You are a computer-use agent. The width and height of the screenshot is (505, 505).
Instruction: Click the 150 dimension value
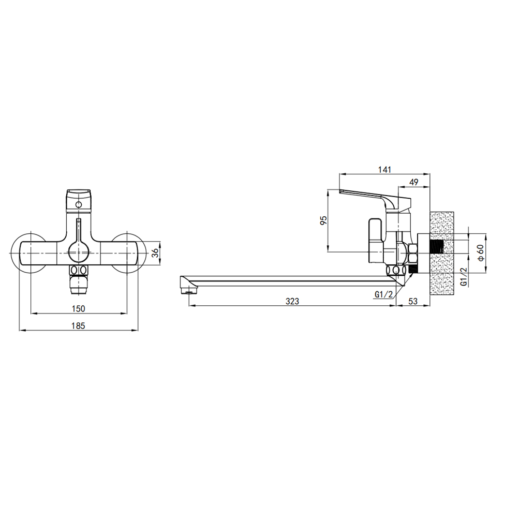(78, 308)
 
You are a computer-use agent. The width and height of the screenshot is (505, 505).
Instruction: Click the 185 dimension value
(78, 326)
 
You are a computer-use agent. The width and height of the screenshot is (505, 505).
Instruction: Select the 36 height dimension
(155, 253)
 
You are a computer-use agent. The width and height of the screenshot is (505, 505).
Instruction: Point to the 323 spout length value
(292, 301)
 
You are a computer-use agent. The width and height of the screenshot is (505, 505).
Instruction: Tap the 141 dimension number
(384, 169)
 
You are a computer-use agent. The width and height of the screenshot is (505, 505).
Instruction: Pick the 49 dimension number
(413, 182)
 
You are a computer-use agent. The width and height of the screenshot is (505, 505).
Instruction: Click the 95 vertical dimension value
(323, 220)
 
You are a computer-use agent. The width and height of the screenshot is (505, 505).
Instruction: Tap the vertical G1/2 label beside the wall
(464, 276)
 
